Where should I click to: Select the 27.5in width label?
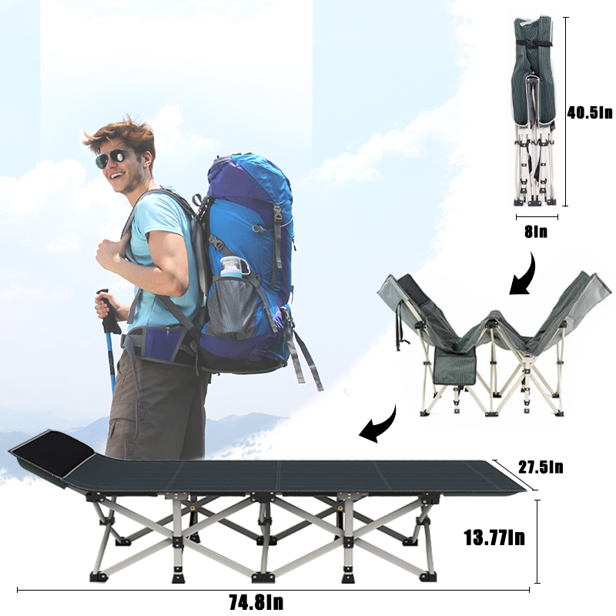click(x=540, y=467)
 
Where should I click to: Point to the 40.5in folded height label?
click(x=591, y=112)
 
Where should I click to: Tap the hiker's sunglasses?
click(x=112, y=159)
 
